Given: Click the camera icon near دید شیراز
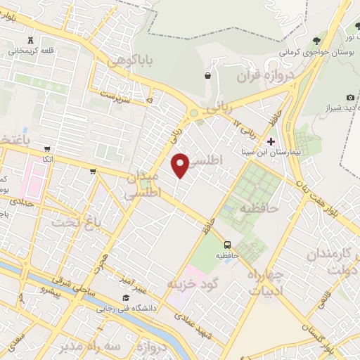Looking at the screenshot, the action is pos(350,97).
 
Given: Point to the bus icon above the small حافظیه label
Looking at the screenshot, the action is pos(226,245).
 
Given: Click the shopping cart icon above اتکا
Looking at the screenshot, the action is pos(47,149).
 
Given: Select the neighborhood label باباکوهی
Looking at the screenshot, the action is pos(130,61).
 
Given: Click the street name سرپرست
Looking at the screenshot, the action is pos(115,94).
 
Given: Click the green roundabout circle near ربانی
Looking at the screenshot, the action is pos(193,113).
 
